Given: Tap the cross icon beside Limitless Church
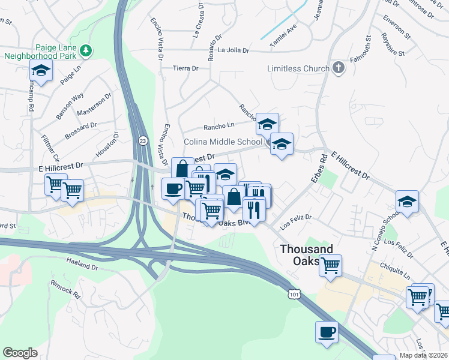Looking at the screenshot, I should [x=339, y=68].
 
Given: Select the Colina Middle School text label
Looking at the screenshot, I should [x=223, y=142].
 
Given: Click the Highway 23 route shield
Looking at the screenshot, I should [x=142, y=140].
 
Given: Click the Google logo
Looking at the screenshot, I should [x=20, y=353].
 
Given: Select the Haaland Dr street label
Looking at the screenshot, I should [x=82, y=265].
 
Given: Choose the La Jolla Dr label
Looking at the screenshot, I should [x=234, y=50].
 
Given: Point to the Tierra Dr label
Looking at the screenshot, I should [x=185, y=69].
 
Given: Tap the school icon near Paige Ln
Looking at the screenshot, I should [x=41, y=71].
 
